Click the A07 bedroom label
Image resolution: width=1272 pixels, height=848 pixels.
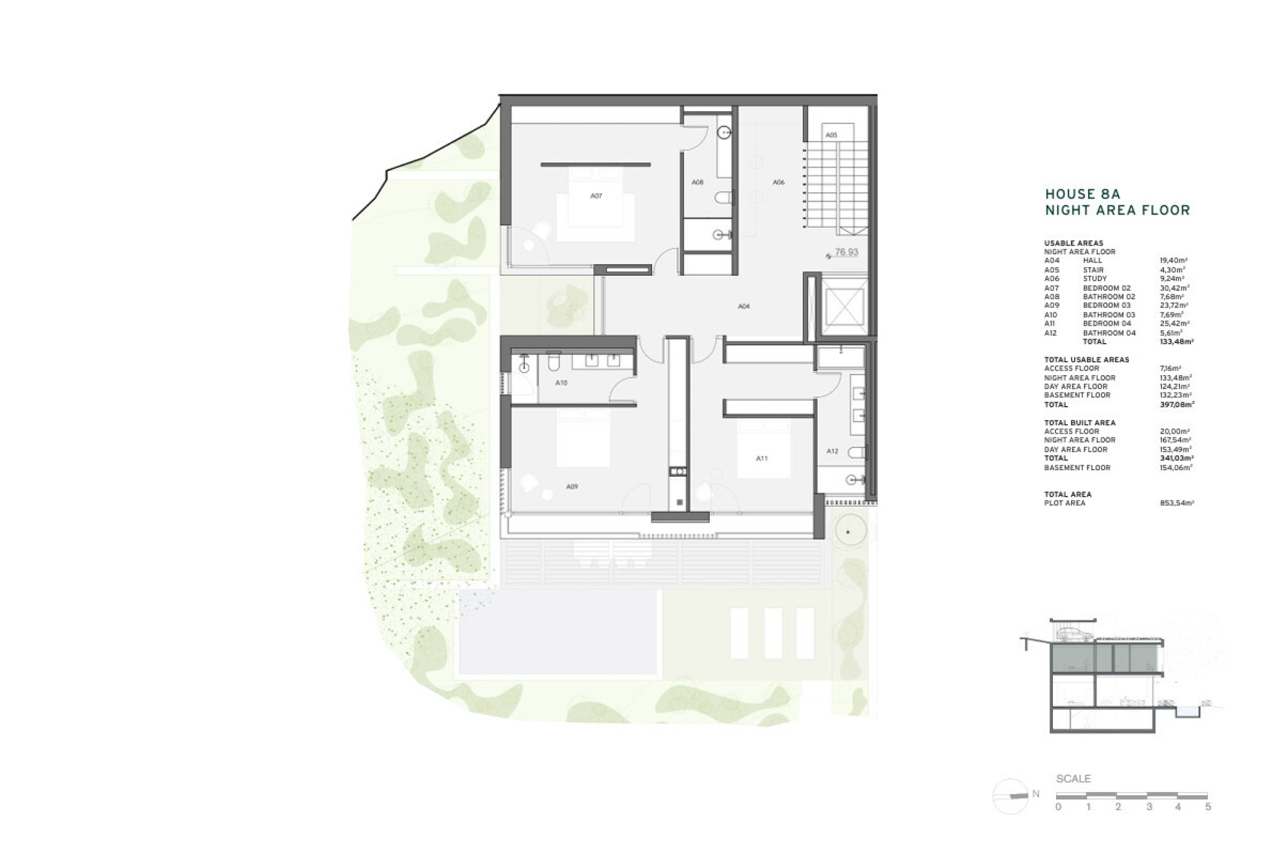click(596, 196)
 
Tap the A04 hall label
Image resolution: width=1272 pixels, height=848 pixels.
click(743, 306)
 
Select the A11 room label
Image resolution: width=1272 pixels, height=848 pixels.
click(761, 459)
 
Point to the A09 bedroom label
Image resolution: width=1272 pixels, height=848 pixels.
click(572, 487)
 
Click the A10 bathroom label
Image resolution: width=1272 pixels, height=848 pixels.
click(561, 383)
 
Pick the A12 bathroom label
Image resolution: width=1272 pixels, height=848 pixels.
click(832, 452)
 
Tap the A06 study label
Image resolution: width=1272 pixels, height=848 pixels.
click(778, 182)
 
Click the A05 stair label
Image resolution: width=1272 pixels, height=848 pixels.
click(831, 135)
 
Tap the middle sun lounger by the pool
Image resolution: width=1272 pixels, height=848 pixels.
click(773, 633)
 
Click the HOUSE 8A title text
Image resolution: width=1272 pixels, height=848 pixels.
click(1082, 194)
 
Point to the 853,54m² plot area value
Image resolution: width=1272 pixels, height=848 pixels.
click(1176, 504)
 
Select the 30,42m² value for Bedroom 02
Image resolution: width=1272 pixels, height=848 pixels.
click(1174, 288)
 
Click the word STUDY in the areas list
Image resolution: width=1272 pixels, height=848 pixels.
click(1095, 279)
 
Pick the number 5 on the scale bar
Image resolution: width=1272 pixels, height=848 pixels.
click(1208, 807)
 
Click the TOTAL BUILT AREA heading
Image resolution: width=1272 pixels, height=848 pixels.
click(1079, 423)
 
